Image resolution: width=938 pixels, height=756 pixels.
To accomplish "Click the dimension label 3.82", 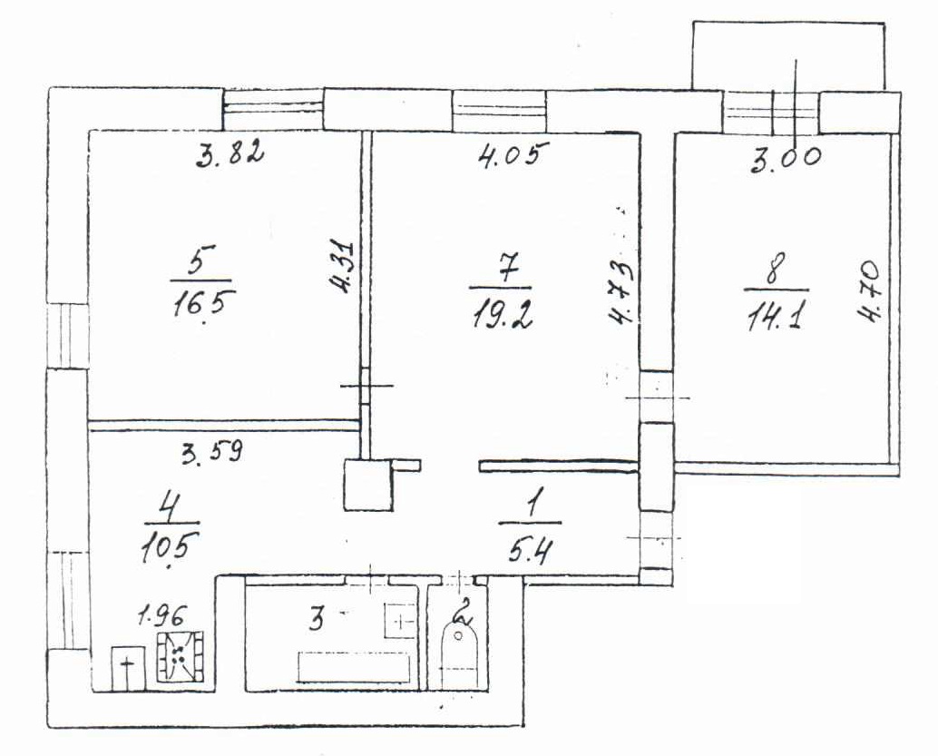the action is click(x=230, y=154).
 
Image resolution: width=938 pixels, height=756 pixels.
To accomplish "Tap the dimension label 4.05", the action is click(x=513, y=155).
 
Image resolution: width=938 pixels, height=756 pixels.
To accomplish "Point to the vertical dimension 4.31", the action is click(x=345, y=267).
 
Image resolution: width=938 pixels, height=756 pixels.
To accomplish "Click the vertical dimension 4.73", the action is click(x=622, y=293).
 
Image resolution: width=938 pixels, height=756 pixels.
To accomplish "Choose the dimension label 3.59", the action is click(x=211, y=450).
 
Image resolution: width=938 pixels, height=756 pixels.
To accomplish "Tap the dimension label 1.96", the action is click(x=162, y=614).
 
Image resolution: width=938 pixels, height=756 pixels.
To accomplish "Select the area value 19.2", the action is click(x=503, y=313).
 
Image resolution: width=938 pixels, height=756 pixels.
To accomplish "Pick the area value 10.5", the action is click(x=170, y=547).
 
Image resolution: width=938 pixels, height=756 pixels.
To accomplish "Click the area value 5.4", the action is click(x=529, y=548).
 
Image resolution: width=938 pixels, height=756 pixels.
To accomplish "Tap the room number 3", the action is click(x=318, y=618).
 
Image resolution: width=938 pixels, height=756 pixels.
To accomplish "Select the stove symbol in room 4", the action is click(x=181, y=657).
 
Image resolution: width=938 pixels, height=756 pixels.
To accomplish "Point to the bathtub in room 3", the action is click(x=354, y=667).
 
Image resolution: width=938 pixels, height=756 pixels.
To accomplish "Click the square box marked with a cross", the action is click(x=127, y=669).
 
